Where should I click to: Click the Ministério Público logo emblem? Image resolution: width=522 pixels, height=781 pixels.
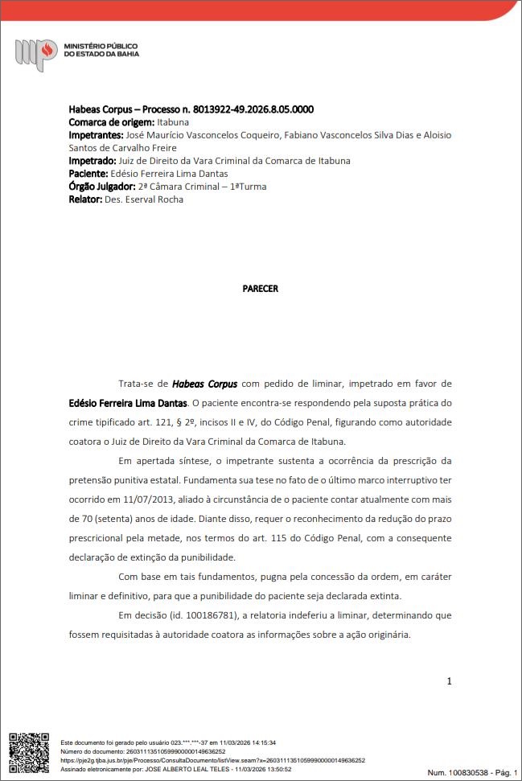coord(35,54)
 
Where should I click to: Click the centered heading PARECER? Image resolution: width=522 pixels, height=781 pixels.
coord(260,289)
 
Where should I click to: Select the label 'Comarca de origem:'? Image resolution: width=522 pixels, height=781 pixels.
coord(111,122)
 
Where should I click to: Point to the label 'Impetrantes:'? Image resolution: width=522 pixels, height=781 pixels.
coord(97,135)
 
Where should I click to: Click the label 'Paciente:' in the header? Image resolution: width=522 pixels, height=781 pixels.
coord(88,174)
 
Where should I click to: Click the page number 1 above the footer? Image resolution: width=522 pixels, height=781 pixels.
coord(449,682)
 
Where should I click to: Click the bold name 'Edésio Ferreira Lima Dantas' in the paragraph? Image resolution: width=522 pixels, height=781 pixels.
coord(129,403)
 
